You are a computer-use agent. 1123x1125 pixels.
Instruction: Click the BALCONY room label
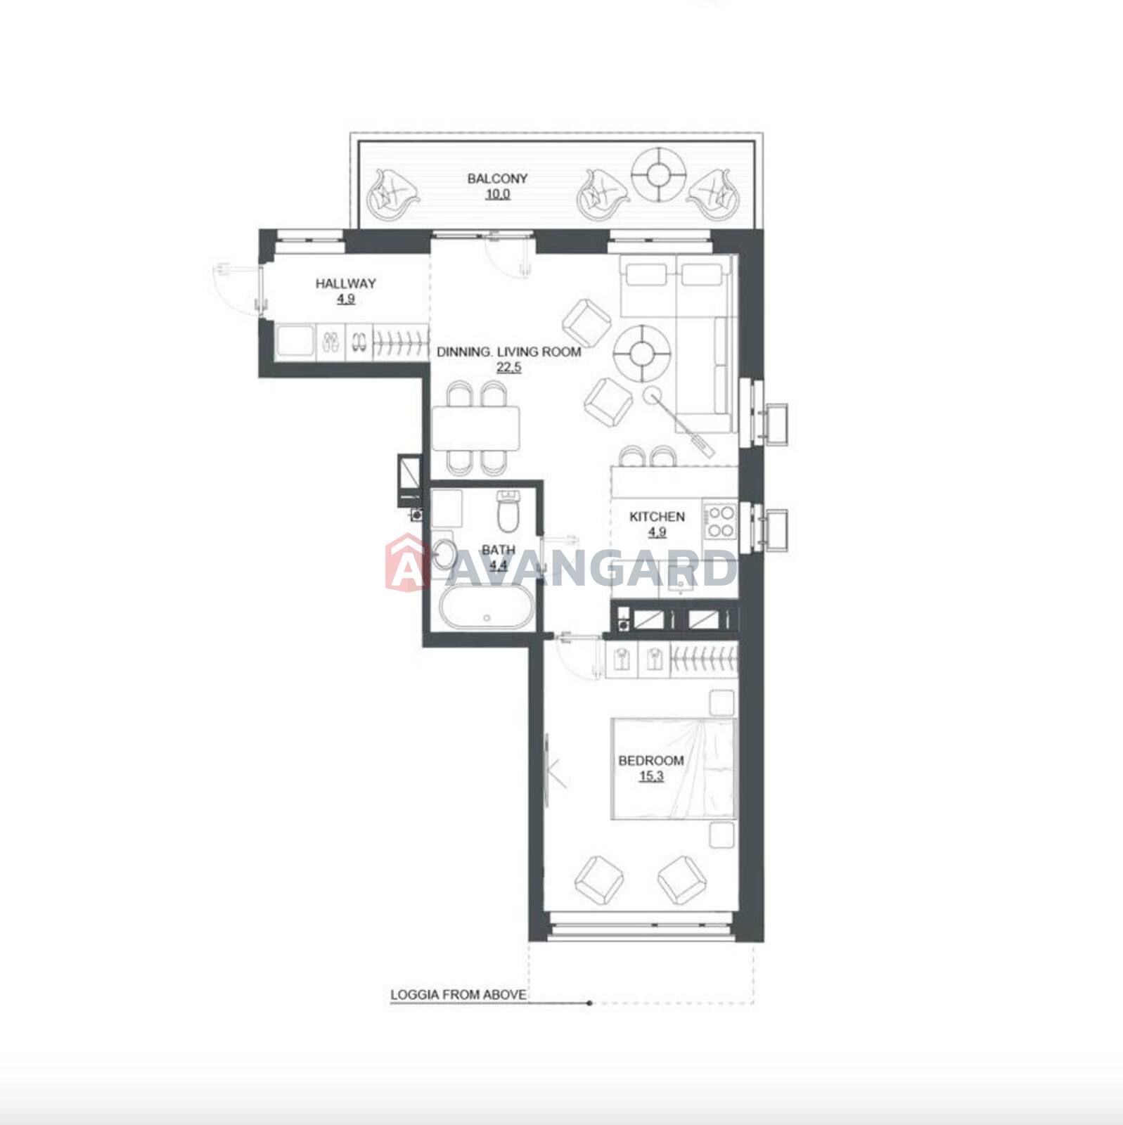click(497, 179)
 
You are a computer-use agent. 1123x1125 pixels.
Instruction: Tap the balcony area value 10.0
click(497, 194)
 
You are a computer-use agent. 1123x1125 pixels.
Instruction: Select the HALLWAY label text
click(345, 283)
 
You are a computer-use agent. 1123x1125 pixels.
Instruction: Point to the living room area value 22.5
click(508, 367)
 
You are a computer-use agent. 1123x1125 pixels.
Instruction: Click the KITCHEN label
click(657, 517)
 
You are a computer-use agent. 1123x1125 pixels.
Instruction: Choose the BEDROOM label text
click(651, 760)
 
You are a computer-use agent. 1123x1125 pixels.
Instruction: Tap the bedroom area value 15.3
click(651, 776)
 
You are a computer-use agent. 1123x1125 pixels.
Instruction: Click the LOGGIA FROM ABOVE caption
click(458, 995)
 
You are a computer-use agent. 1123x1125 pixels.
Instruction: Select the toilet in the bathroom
click(507, 510)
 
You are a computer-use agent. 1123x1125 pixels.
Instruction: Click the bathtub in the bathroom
click(487, 609)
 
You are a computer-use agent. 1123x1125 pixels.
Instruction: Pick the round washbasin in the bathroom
click(444, 553)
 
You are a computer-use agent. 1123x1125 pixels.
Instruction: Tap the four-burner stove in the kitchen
click(720, 521)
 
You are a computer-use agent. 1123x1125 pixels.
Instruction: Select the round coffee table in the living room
click(642, 353)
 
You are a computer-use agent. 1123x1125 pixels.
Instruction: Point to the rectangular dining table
click(476, 428)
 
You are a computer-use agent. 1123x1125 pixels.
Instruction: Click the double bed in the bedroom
click(673, 769)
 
